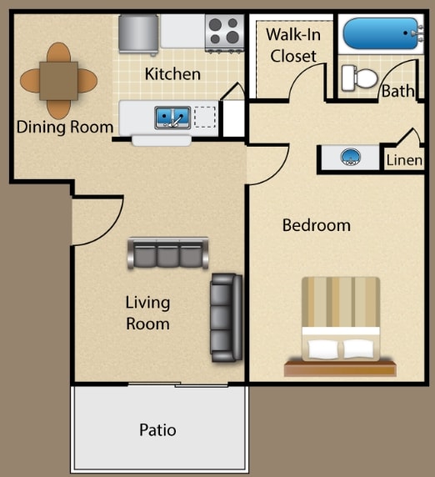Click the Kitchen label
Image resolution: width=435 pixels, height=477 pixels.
pyautogui.click(x=172, y=74)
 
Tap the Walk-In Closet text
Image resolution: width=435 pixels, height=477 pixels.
pyautogui.click(x=293, y=45)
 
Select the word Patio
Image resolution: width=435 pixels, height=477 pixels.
pyautogui.click(x=157, y=429)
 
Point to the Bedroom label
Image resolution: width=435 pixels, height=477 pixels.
pyautogui.click(x=317, y=225)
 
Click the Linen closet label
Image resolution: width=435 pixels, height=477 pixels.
pyautogui.click(x=404, y=160)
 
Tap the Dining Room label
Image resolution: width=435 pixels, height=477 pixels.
pyautogui.click(x=65, y=127)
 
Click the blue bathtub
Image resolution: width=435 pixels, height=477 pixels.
pyautogui.click(x=381, y=33)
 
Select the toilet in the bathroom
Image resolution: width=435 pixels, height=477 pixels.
pyautogui.click(x=359, y=78)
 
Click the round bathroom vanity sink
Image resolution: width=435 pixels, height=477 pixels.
pyautogui.click(x=351, y=158)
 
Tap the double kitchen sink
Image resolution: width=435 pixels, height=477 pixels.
pyautogui.click(x=172, y=118)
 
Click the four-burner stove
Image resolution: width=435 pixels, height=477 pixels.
pyautogui.click(x=224, y=33)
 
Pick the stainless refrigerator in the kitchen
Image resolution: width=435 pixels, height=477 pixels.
pyautogui.click(x=138, y=34)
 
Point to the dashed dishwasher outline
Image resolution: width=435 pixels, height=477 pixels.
pyautogui.click(x=205, y=117)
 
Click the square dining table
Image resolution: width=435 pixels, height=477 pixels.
pyautogui.click(x=58, y=81)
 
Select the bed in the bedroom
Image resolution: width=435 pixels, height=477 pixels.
pyautogui.click(x=341, y=326)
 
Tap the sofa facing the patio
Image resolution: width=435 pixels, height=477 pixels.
pyautogui.click(x=167, y=254)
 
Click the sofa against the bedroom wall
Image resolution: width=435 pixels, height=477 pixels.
pyautogui.click(x=227, y=318)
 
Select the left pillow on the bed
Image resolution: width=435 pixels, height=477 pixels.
pyautogui.click(x=323, y=349)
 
